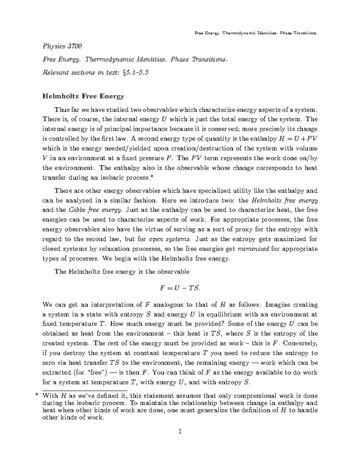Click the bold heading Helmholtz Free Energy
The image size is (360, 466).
83,96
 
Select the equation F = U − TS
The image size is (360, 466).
180,288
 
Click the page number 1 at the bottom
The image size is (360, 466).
180,432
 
